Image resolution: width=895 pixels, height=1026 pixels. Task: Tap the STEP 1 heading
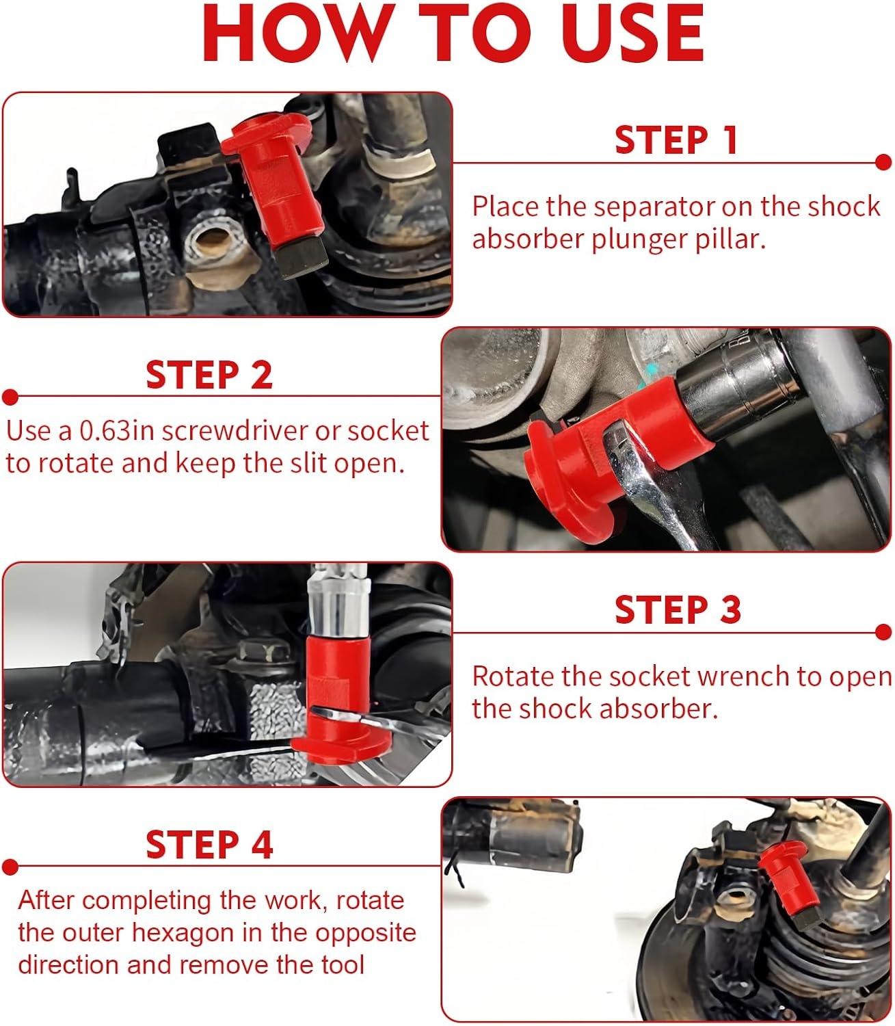click(676, 140)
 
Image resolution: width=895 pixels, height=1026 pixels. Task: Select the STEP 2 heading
click(209, 375)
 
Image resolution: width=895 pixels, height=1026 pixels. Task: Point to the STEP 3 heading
click(678, 609)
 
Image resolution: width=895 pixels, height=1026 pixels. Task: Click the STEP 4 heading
click(209, 845)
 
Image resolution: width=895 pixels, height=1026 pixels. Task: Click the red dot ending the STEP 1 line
click(883, 163)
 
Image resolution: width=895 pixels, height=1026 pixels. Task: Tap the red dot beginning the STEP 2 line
click(10, 397)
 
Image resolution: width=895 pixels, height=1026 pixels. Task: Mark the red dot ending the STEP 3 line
click(883, 633)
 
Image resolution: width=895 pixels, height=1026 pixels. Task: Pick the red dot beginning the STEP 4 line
click(10, 867)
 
